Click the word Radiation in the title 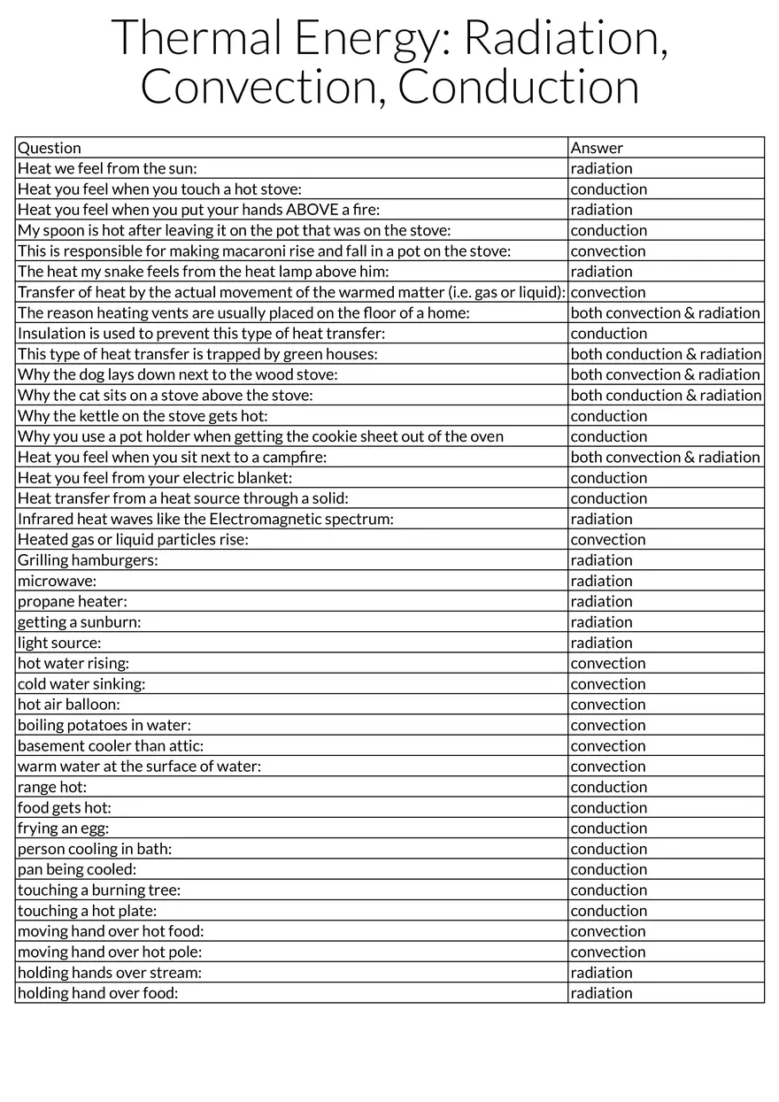coord(565,38)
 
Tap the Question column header coord(50,148)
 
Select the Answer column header coord(597,148)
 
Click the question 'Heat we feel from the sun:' coord(107,168)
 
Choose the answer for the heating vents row coord(665,312)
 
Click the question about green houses coord(197,354)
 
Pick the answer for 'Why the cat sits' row coord(665,395)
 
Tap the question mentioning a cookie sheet coord(260,436)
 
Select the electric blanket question coord(155,478)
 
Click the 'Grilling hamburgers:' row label coord(88,560)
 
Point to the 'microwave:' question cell coord(58,581)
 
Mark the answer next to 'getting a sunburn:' coord(601,622)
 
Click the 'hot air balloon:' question coord(69,705)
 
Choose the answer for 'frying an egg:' coord(609,828)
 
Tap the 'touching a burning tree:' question coord(99,890)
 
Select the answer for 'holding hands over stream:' coord(601,973)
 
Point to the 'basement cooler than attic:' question coord(111,746)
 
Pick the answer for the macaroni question coord(608,250)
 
